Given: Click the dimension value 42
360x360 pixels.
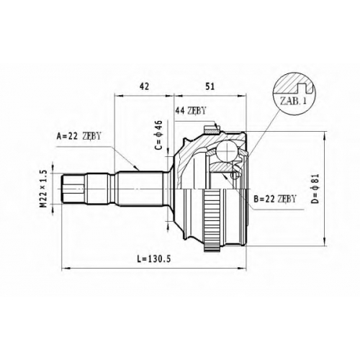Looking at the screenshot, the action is click(144, 86).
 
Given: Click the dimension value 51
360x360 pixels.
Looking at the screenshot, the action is click(210, 86).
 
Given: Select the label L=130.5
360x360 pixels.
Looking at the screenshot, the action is click(154, 258).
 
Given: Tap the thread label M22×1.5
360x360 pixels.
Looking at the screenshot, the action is click(43, 189).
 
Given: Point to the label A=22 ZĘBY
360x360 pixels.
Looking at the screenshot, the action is click(78, 136).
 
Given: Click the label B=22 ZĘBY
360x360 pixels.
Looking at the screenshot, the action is click(275, 199).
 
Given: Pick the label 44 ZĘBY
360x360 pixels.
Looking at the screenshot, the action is click(191, 110).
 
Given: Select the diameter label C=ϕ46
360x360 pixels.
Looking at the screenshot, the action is click(159, 135).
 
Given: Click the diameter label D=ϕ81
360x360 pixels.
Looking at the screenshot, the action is click(315, 189).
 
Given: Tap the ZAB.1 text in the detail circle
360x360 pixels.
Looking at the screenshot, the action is click(293, 101).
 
